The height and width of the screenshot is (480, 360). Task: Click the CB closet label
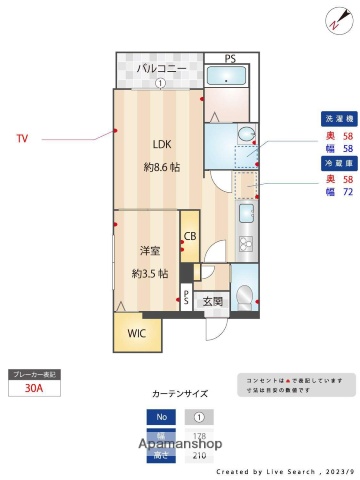tap(189, 236)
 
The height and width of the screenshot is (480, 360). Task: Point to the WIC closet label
tap(136, 333)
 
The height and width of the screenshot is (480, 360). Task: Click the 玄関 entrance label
tap(213, 301)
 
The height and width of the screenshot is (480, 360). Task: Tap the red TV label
tap(21, 138)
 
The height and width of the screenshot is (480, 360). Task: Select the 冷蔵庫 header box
tap(337, 161)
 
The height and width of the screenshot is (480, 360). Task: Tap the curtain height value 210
tap(199, 456)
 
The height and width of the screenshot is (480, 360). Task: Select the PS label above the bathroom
tap(231, 58)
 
